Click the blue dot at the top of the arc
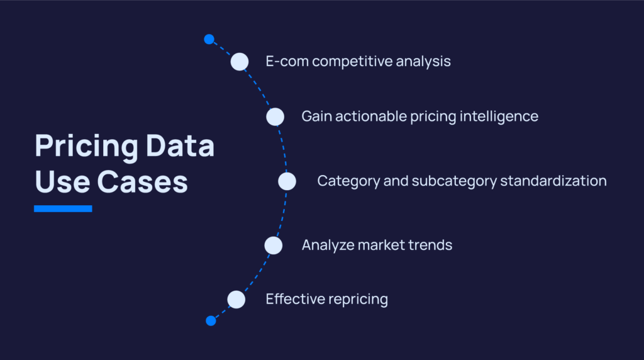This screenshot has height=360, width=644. click(209, 39)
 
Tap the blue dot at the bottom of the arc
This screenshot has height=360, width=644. click(211, 320)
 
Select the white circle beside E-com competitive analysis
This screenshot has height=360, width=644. click(240, 62)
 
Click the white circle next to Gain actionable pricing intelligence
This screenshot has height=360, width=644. click(275, 116)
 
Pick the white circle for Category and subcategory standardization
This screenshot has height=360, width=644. click(287, 181)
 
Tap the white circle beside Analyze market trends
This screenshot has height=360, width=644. click(274, 245)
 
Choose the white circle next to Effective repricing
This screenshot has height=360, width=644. click(236, 299)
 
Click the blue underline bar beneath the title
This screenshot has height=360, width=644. click(63, 208)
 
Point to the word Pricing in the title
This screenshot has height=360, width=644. click(87, 146)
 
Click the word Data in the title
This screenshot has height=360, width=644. click(180, 145)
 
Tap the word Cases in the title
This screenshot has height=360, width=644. click(143, 182)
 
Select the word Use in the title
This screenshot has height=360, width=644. click(62, 182)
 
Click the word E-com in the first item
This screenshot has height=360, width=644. click(287, 61)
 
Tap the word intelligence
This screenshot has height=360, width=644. click(499, 116)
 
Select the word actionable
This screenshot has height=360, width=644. click(371, 116)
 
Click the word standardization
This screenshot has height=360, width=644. click(553, 181)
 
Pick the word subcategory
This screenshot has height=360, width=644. click(454, 181)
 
